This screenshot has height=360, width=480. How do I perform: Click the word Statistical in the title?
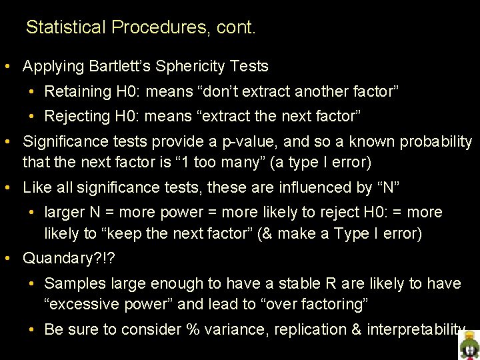[x=66, y=27]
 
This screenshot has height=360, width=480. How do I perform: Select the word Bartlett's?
[x=123, y=67]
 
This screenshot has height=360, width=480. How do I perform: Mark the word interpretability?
[x=414, y=329]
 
